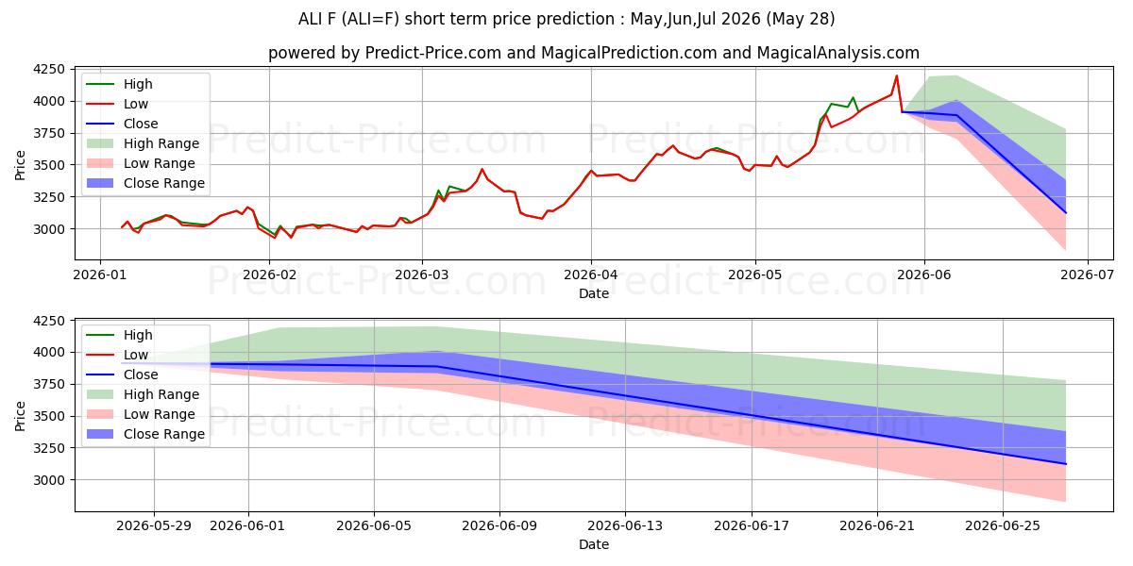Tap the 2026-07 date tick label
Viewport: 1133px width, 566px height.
coord(1088,275)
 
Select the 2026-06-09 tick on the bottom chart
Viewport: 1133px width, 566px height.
coord(499,526)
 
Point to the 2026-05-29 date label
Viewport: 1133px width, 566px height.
coord(154,526)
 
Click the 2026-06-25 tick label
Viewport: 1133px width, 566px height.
coord(1003,526)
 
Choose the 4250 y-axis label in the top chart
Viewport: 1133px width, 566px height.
coord(49,69)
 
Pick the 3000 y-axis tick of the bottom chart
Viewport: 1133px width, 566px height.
coord(49,480)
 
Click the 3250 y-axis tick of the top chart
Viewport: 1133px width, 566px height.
coord(49,197)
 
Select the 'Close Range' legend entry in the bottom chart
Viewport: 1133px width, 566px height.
coord(145,434)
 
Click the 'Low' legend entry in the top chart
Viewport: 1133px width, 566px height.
coord(117,104)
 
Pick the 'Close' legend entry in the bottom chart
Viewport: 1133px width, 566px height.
coord(122,375)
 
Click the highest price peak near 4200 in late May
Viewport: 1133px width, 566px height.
coord(897,75)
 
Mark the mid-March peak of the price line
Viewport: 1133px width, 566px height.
coord(482,169)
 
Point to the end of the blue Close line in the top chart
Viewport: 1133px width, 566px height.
coord(1066,213)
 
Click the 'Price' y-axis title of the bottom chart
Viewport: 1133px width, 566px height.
coord(20,416)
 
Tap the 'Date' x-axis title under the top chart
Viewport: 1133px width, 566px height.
coord(594,293)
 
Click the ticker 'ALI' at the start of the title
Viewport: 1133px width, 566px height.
coord(309,19)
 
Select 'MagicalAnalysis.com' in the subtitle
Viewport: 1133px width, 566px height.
coord(838,53)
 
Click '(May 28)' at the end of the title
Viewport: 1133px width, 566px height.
coord(801,19)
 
